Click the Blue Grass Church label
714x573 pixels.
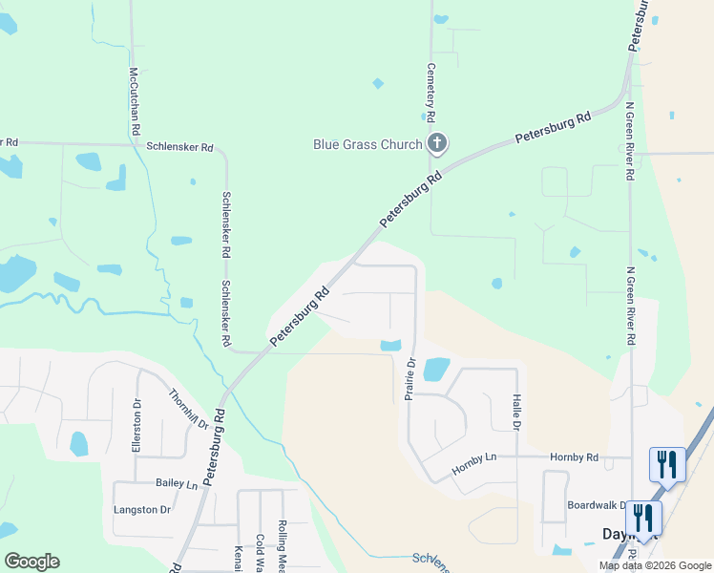pyautogui.click(x=367, y=145)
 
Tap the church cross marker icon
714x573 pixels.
pyautogui.click(x=437, y=145)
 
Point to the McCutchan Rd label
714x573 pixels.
pyautogui.click(x=136, y=100)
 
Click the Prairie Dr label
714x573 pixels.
pyautogui.click(x=410, y=378)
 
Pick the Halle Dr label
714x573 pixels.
pyautogui.click(x=515, y=412)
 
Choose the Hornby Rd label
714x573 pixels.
pyautogui.click(x=574, y=457)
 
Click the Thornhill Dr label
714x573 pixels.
pyautogui.click(x=188, y=409)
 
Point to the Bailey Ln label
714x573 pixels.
pyautogui.click(x=178, y=485)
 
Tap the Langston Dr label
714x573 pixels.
pyautogui.click(x=141, y=510)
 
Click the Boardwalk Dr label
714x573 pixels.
pyautogui.click(x=597, y=505)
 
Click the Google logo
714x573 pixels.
pyautogui.click(x=31, y=562)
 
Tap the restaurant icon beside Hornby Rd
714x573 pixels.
pyautogui.click(x=667, y=464)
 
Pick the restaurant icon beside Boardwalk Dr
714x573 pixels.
pyautogui.click(x=644, y=518)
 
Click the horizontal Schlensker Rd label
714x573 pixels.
pyautogui.click(x=180, y=148)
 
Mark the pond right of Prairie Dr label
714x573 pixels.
pyautogui.click(x=435, y=368)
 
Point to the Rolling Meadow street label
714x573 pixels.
pyautogui.click(x=283, y=543)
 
